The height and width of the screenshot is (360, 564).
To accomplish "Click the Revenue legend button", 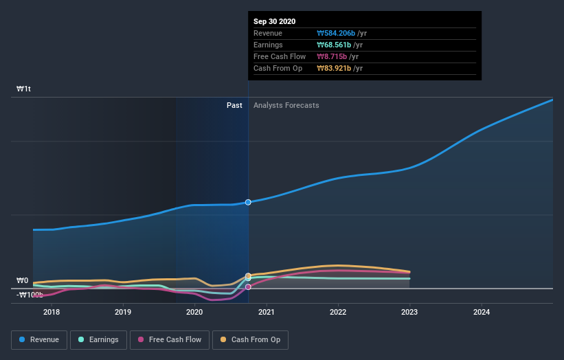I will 39,339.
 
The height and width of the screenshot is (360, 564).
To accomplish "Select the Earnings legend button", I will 98,339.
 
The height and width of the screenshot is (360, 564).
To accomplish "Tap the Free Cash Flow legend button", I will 169,339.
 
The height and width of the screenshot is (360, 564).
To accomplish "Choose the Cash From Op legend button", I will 250,339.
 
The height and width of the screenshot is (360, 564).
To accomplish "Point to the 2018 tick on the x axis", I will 51,312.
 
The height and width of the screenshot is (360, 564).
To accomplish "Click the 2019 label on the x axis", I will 123,312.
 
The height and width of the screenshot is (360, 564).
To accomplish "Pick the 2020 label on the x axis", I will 194,312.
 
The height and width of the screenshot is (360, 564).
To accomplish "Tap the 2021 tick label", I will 267,312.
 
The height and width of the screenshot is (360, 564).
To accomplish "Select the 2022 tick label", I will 338,312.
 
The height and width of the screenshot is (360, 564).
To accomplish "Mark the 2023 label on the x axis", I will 409,312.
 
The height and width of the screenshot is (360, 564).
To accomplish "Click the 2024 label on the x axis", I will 482,312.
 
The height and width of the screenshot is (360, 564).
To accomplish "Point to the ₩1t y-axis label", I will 24,89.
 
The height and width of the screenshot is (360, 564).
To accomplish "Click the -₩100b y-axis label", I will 30,295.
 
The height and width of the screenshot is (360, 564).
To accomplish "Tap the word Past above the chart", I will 234,105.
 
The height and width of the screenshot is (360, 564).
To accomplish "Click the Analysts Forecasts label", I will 286,105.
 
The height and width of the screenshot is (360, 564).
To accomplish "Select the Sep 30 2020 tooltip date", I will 274,21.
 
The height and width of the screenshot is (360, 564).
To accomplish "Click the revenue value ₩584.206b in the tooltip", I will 335,33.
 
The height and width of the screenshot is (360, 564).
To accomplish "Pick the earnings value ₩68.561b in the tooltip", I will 333,45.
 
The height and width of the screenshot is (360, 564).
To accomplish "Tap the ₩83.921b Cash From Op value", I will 333,68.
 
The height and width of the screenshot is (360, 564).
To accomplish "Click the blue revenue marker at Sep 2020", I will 248,202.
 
